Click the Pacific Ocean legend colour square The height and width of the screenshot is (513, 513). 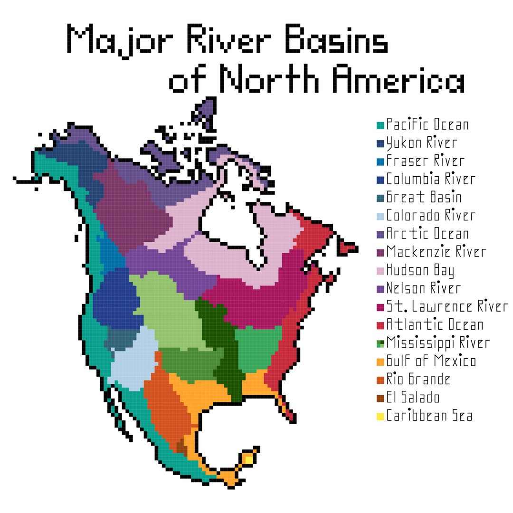tap(380, 125)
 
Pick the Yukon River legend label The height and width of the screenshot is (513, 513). tap(421, 143)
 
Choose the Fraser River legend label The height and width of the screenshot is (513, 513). tap(425, 161)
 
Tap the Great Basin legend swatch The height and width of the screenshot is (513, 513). tap(380, 198)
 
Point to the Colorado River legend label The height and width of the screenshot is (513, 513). tap(430, 216)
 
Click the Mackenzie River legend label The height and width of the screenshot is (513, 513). tap(436, 252)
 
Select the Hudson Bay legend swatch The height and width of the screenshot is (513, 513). tap(380, 271)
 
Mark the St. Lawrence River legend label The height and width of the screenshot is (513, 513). tap(447, 306)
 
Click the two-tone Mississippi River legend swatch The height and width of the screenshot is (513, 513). tap(380, 343)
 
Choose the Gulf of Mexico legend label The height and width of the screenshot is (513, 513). tap(431, 361)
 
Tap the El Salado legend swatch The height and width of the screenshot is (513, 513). tap(380, 398)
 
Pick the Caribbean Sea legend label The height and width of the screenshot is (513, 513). tap(429, 416)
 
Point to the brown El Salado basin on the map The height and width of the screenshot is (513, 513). tap(181, 446)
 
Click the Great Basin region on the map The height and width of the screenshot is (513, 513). tap(122, 339)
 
